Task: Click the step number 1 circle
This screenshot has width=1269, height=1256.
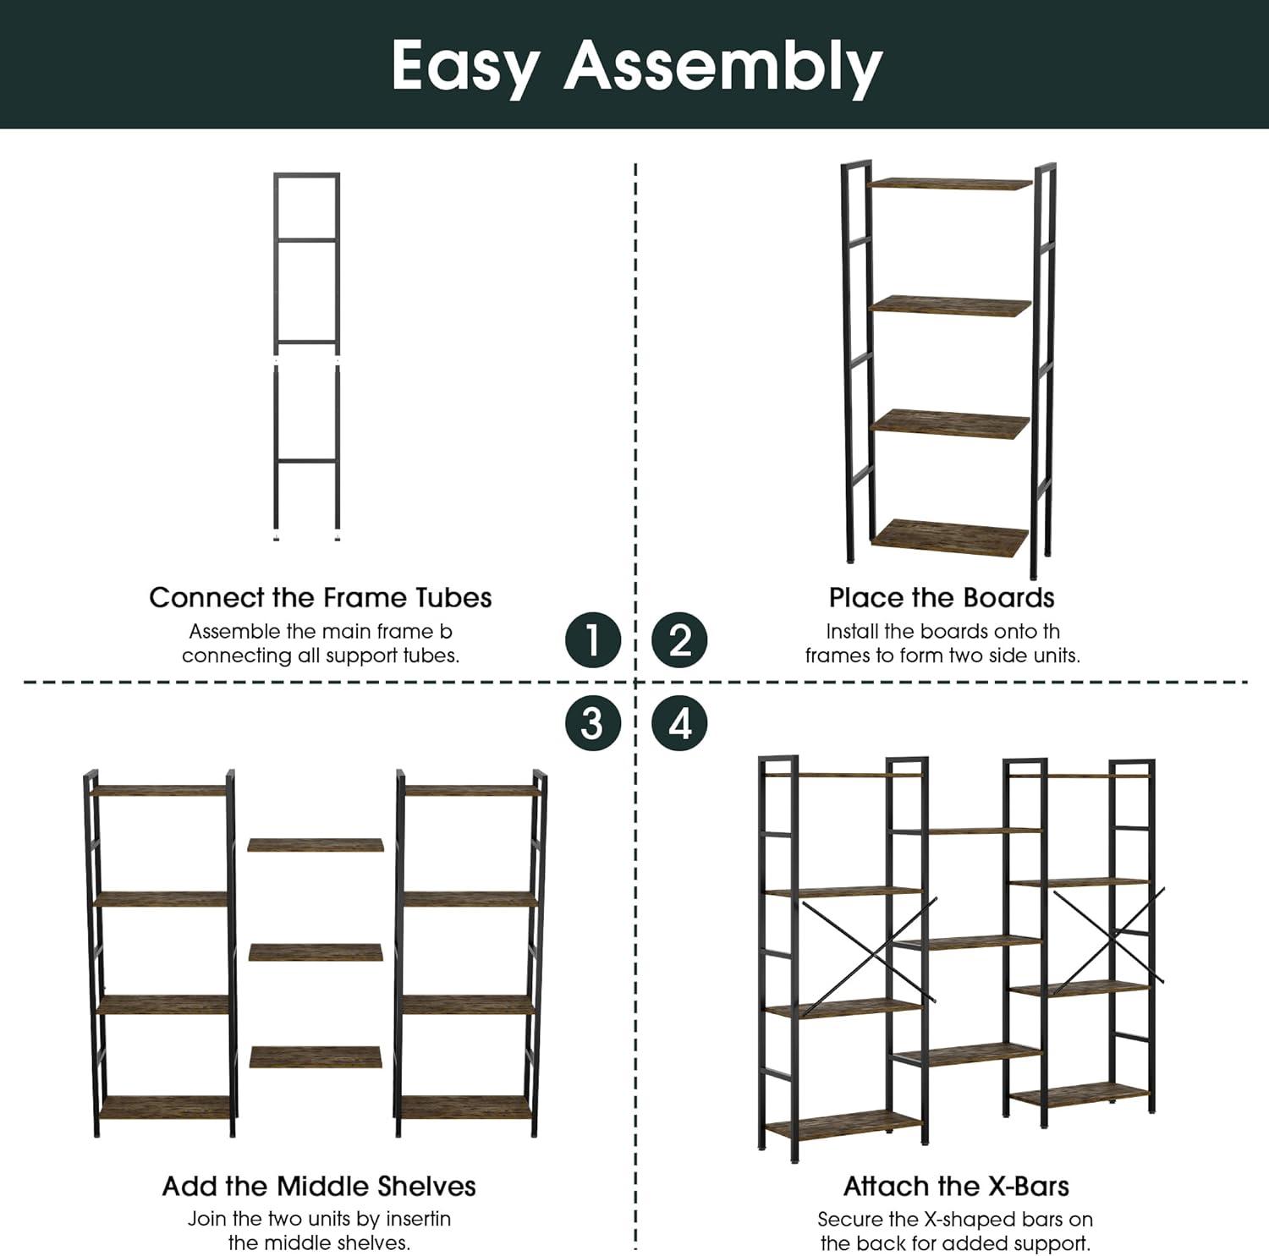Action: (x=593, y=639)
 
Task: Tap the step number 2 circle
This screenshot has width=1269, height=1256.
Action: (x=680, y=639)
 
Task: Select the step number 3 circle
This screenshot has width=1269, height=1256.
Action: (x=593, y=724)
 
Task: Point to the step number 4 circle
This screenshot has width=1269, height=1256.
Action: (x=680, y=724)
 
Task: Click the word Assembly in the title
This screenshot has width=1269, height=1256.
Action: (x=723, y=67)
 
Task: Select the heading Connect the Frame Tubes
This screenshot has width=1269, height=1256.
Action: (x=321, y=597)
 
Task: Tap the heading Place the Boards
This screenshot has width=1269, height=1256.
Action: (x=942, y=597)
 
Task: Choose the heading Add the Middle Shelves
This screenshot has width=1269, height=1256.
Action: (x=319, y=1186)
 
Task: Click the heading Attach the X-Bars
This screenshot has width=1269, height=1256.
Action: (x=956, y=1186)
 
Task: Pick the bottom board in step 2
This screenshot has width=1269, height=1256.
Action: (x=950, y=537)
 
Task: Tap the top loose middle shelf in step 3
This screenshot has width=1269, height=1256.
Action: (x=316, y=845)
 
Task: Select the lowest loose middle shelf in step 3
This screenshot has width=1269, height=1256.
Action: (x=316, y=1057)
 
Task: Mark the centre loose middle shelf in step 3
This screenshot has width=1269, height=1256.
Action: (x=316, y=952)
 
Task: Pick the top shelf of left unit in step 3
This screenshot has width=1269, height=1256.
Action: (x=160, y=791)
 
